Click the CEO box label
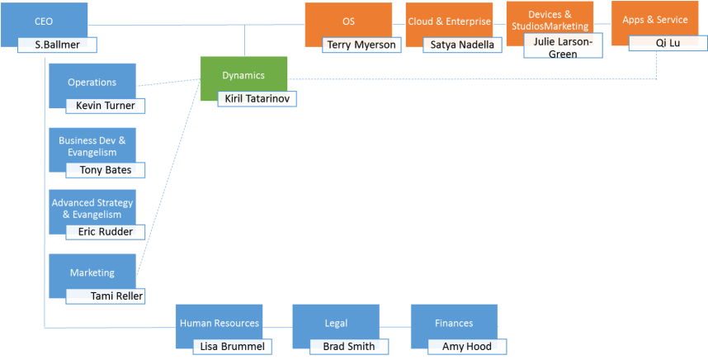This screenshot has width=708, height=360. (x=44, y=21)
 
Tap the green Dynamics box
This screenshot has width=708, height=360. (x=243, y=74)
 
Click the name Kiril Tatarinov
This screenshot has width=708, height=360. (x=257, y=99)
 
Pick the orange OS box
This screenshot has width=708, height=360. (x=348, y=21)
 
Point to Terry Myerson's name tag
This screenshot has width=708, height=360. (x=361, y=45)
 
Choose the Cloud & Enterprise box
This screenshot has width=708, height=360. (x=449, y=21)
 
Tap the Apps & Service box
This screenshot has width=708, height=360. (x=654, y=20)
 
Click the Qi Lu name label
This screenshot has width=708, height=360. (x=668, y=43)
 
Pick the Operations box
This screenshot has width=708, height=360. (x=92, y=83)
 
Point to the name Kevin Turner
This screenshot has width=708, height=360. (x=105, y=106)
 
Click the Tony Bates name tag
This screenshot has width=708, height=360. (x=105, y=170)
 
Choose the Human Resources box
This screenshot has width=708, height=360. (x=219, y=323)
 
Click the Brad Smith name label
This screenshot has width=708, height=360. (x=349, y=347)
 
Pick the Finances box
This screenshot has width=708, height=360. (x=454, y=323)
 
